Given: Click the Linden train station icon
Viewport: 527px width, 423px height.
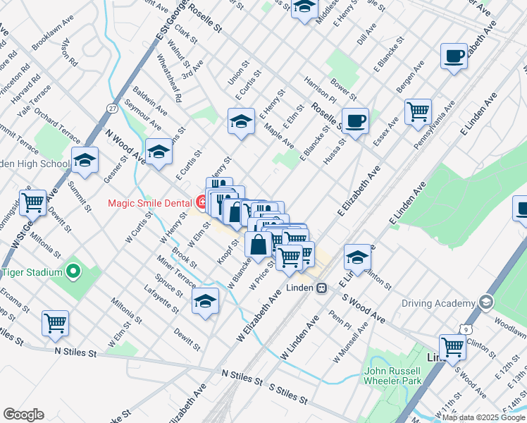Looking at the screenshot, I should click(x=321, y=288).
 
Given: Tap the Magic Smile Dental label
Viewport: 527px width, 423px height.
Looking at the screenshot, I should click(x=151, y=204).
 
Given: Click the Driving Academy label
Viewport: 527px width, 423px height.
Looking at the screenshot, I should click(x=438, y=303).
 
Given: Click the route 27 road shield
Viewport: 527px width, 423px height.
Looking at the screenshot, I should click(x=112, y=108).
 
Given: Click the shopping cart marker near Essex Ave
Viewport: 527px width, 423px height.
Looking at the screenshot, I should click(x=418, y=111).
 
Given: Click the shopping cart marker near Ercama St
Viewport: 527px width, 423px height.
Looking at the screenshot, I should click(x=55, y=322).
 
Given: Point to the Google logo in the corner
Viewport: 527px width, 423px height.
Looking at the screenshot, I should click(x=23, y=415).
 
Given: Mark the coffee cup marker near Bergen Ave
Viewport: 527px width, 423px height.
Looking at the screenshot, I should click(x=454, y=55).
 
